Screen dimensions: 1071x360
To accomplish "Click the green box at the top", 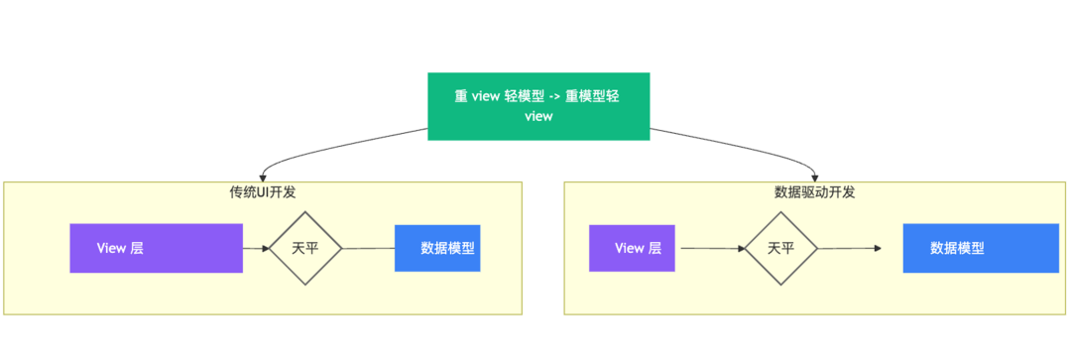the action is [x=538, y=106].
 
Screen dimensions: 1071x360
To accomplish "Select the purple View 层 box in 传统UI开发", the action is [x=157, y=248].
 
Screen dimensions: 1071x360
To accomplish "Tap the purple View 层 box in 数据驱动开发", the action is [x=632, y=248].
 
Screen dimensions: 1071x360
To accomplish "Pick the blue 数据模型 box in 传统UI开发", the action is [x=437, y=248].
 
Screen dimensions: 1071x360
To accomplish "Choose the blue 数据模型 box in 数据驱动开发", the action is [x=981, y=248].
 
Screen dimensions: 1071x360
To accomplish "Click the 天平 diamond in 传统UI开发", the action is [x=305, y=248].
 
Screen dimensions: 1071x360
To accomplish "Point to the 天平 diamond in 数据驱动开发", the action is [x=780, y=248].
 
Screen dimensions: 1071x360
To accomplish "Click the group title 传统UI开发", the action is [x=263, y=192].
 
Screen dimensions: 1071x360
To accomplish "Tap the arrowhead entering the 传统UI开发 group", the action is [x=263, y=178].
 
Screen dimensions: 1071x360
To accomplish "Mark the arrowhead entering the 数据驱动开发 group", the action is [x=814, y=178].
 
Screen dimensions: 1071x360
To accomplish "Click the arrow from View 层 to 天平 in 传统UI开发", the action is [x=256, y=248].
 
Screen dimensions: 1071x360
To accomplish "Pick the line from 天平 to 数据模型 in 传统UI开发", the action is [x=368, y=248].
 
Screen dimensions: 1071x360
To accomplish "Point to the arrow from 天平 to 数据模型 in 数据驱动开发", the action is [x=850, y=248].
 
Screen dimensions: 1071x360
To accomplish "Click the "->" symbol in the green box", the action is [x=554, y=96].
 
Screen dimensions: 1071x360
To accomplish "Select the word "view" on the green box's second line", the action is [x=538, y=117].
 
